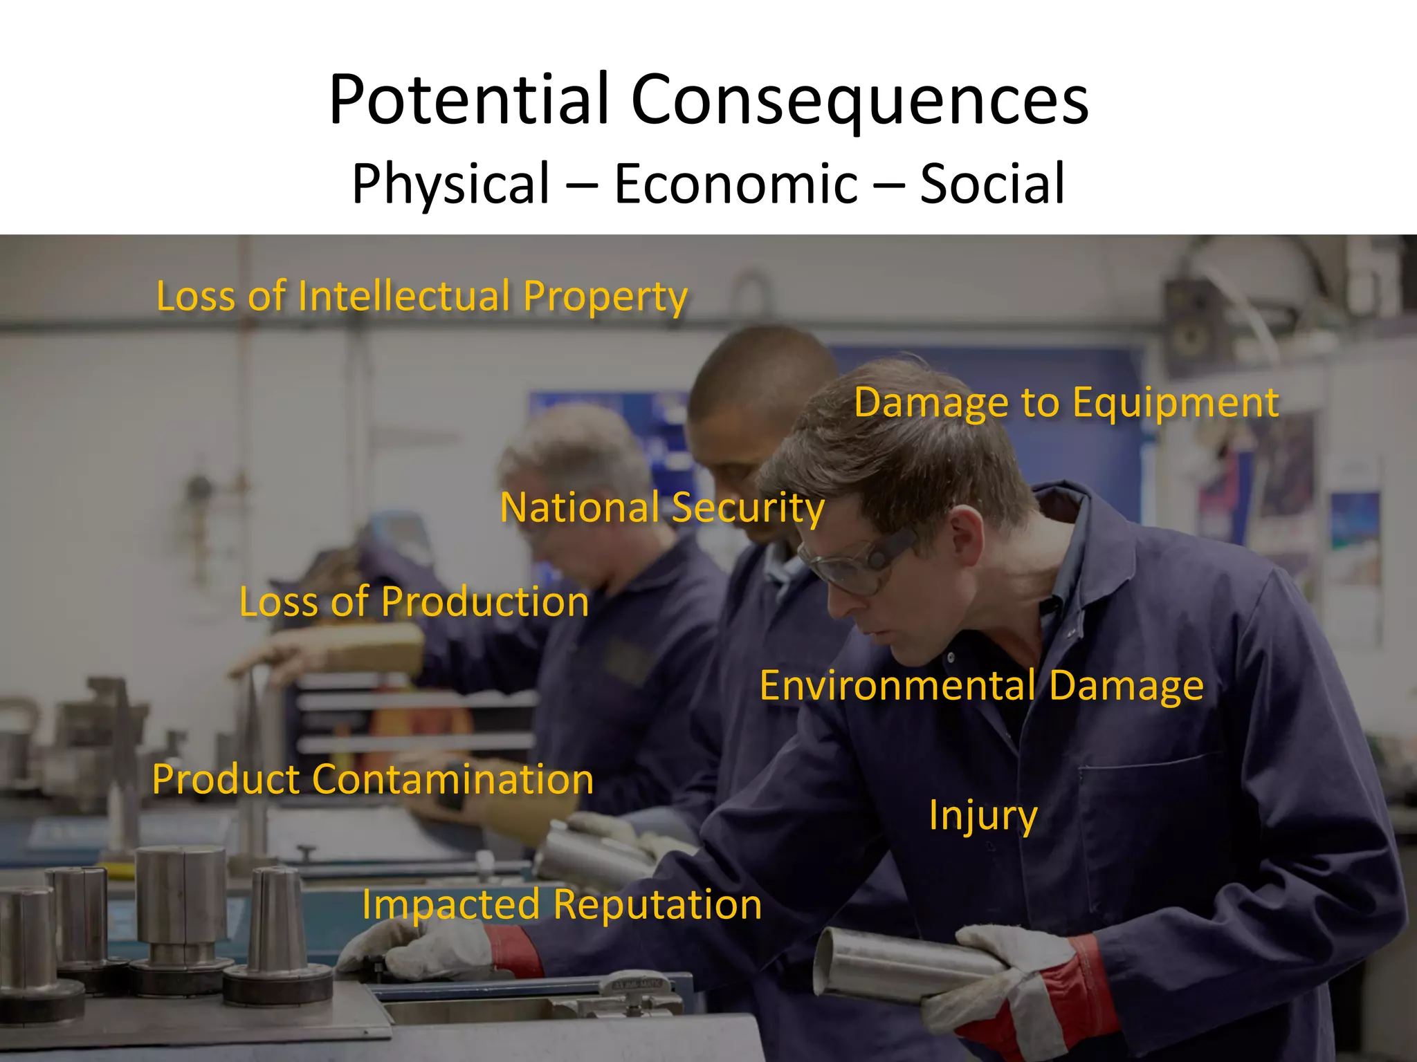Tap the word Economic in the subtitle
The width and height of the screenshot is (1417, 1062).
tap(736, 184)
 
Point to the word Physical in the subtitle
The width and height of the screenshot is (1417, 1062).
tap(450, 184)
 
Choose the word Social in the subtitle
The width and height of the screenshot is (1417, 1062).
tap(992, 184)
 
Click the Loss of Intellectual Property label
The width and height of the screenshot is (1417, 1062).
tap(422, 297)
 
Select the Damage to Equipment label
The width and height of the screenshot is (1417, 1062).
tap(1066, 402)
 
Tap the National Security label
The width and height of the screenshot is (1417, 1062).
tap(662, 507)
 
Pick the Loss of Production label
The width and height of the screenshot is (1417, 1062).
tap(414, 602)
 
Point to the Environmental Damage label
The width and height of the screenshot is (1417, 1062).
tap(982, 686)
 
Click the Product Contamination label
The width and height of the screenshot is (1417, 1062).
tap(373, 780)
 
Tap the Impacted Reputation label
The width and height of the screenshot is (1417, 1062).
tap(562, 904)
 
